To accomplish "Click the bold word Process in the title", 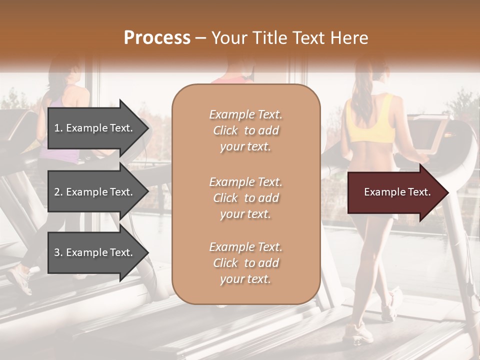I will [157, 38].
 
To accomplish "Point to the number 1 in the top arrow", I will [57, 128].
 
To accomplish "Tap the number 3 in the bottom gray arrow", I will [57, 252].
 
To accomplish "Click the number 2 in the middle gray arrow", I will [57, 192].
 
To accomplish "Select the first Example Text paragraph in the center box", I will [245, 130].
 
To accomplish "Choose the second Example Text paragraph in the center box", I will [245, 197].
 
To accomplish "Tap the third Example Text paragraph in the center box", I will [245, 263].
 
